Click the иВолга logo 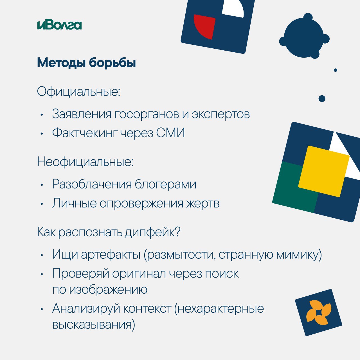[x=59, y=25]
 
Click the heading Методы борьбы [x=87, y=63]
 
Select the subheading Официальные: [x=78, y=92]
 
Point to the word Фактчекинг [x=85, y=133]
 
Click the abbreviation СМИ [x=170, y=133]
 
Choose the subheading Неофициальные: [x=85, y=162]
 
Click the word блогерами [x=165, y=184]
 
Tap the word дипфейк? [x=152, y=232]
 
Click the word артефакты [x=111, y=255]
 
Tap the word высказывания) [x=94, y=325]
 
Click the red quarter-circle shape [x=204, y=26]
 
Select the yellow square [x=324, y=171]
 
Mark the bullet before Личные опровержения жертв [x=42, y=204]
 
